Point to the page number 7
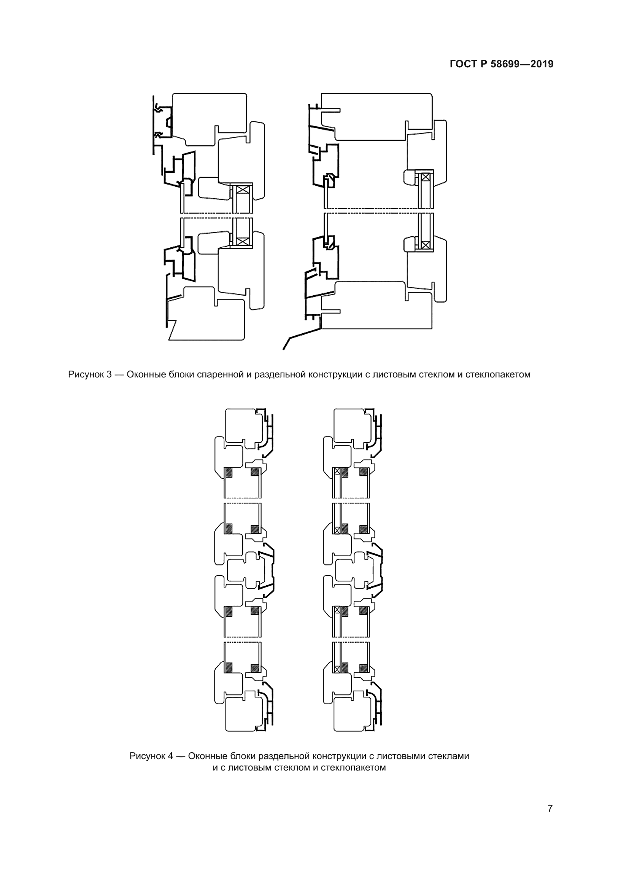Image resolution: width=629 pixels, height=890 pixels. (550, 809)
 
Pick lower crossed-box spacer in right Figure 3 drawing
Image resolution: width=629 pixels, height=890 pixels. (425, 245)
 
